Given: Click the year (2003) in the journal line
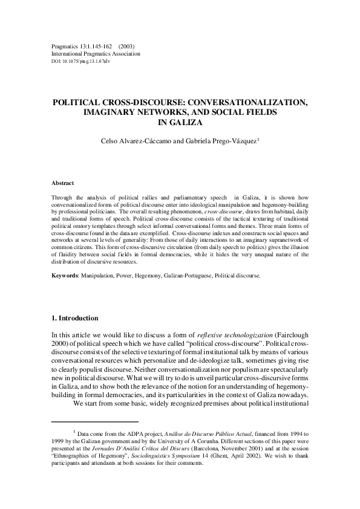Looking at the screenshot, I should (126, 46).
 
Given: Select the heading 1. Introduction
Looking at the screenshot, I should (74, 318).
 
